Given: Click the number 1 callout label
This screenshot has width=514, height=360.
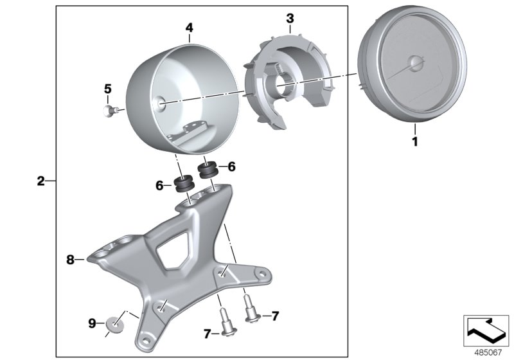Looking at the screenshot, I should click(414, 141).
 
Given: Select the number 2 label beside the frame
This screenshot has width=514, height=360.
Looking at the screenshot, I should click(40, 181).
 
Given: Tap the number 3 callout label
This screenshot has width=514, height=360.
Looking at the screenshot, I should click(290, 17).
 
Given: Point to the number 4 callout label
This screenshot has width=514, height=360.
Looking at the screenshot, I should click(189, 28).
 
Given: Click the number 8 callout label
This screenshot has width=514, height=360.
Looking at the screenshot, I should click(71, 260).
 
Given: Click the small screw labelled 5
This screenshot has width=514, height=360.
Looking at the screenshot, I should click(109, 111).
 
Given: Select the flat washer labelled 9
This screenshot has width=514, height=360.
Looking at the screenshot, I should click(114, 322).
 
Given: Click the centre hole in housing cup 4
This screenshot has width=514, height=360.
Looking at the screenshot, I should click(159, 102).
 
